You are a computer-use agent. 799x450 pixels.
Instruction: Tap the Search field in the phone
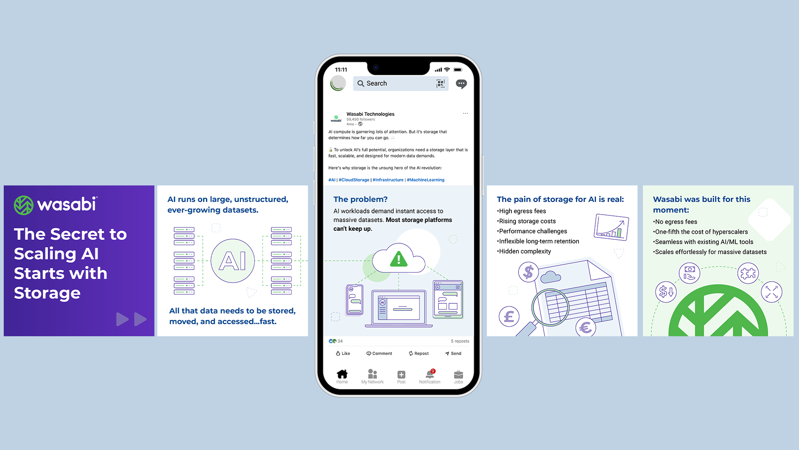pos(400,83)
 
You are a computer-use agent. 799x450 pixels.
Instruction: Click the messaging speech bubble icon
pos(461,84)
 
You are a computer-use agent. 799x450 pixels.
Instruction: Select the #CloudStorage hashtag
pos(354,180)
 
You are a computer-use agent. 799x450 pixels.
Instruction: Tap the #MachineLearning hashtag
pos(425,180)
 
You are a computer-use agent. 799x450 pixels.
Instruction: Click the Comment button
pos(379,353)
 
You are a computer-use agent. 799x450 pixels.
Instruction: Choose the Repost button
pos(419,353)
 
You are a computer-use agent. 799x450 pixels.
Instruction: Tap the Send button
pos(453,353)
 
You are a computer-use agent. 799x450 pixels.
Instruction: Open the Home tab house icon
pos(342,374)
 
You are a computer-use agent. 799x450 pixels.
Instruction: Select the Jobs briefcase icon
pos(458,374)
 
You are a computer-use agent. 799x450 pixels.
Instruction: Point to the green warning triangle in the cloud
pos(399,259)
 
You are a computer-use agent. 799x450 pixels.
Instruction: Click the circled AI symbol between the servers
pos(233,261)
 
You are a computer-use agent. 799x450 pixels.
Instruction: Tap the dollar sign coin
pos(529,272)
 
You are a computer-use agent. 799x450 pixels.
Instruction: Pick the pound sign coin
pos(509,316)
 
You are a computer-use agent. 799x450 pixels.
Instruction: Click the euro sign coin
pos(586,327)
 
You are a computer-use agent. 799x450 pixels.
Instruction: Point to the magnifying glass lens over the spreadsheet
pos(550,307)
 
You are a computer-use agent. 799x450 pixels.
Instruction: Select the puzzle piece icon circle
pos(748,273)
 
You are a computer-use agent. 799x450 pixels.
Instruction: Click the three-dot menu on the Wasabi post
pos(465,113)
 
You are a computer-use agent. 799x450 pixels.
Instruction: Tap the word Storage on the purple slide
pos(47,293)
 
